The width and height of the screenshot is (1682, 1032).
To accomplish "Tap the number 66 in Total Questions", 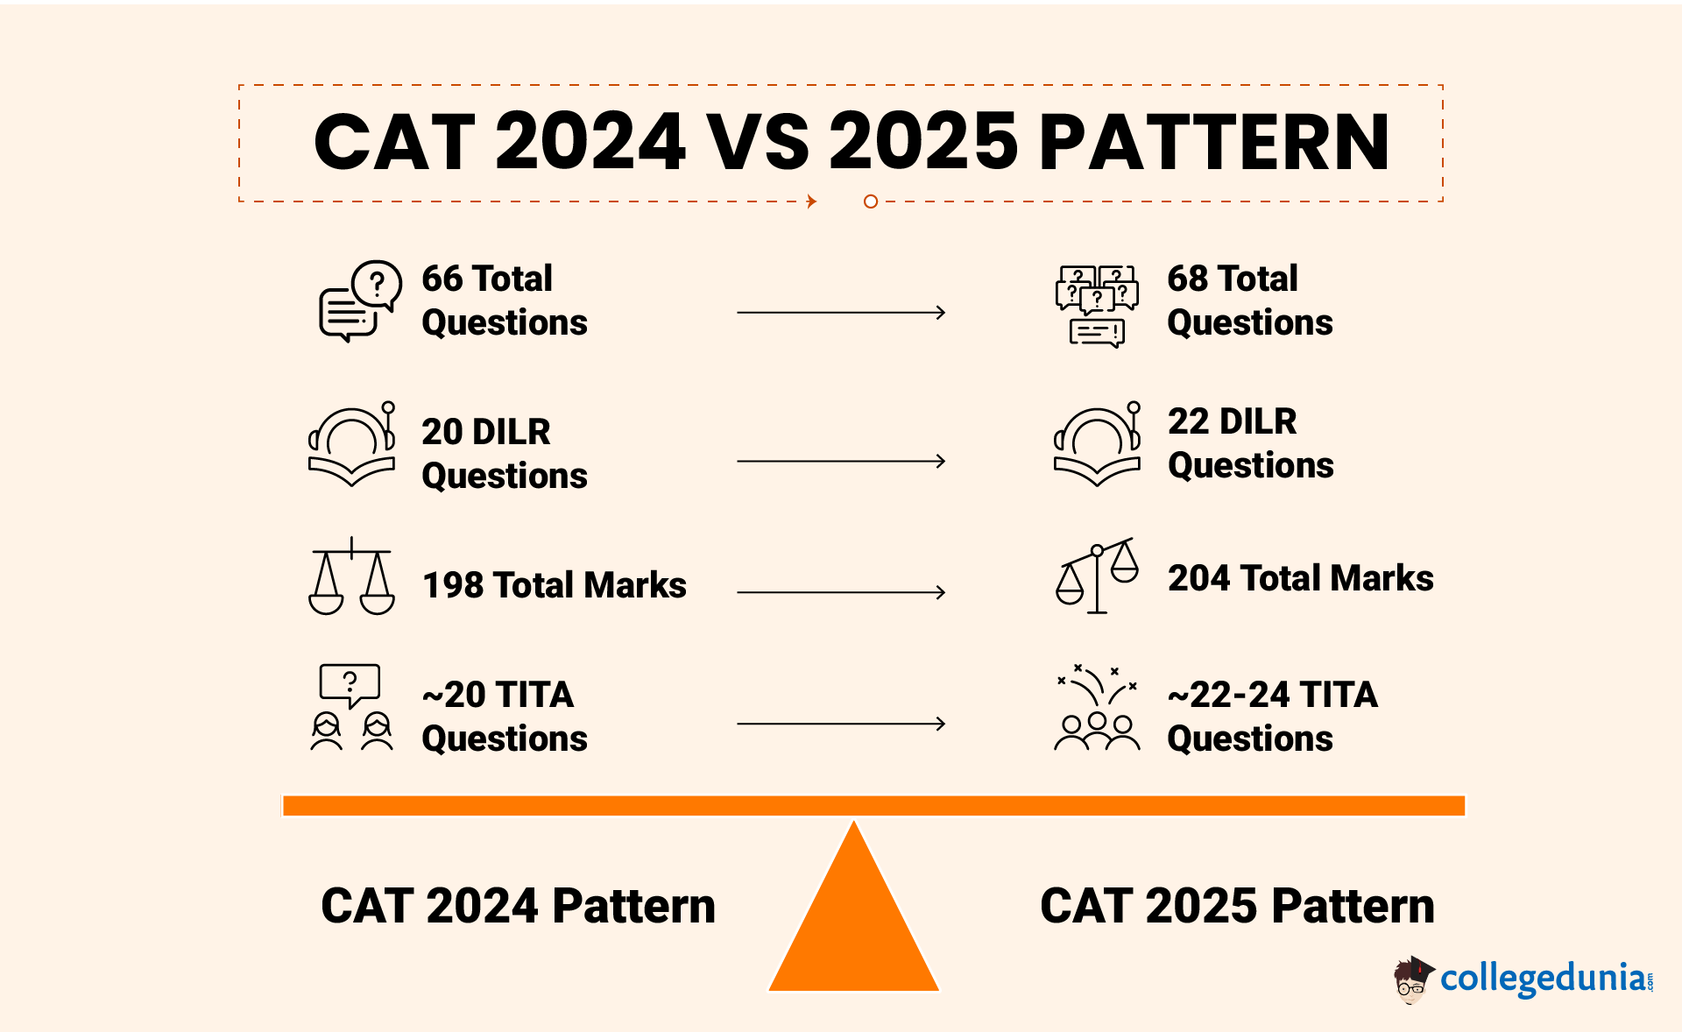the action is (442, 279).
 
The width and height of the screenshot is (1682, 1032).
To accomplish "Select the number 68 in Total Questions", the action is (1188, 279).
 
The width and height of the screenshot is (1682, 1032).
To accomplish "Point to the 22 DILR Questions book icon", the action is (1097, 444).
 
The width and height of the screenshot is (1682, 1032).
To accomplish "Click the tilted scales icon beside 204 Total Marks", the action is (1097, 576).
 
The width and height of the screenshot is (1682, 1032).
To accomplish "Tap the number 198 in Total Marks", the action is (452, 585).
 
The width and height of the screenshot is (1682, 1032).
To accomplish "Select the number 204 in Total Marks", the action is (1199, 578).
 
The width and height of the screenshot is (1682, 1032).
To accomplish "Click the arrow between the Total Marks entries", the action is (841, 592).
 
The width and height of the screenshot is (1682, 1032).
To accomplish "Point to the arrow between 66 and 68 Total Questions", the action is (841, 312).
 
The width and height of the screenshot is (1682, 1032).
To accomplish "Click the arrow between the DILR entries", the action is (841, 461).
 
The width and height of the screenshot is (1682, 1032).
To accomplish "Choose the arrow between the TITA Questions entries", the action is (841, 724).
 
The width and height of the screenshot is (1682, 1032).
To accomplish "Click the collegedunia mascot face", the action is (1411, 980).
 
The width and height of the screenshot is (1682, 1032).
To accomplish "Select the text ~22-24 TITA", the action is (1273, 695).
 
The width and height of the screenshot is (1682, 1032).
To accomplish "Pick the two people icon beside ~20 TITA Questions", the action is (351, 732).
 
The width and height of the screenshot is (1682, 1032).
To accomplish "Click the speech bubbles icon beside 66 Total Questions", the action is (360, 301).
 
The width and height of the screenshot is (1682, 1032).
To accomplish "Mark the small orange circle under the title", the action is (871, 201).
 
